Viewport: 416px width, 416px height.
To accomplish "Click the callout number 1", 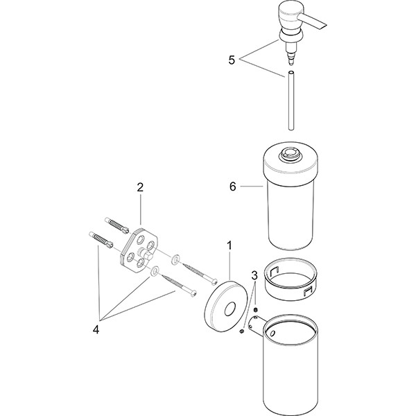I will [230, 245].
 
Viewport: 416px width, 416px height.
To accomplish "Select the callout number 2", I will [140, 187].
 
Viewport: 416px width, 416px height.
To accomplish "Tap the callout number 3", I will [254, 277].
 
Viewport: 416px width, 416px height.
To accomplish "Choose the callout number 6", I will [233, 187].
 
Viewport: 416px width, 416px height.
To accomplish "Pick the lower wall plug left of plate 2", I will [101, 241].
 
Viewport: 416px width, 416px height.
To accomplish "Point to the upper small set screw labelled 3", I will [256, 309].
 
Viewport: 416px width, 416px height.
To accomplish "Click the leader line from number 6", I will [251, 187].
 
